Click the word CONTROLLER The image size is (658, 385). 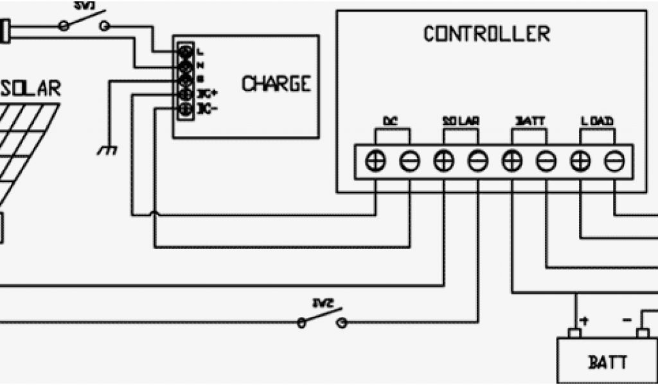point(486,33)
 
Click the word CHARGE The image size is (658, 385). point(276,84)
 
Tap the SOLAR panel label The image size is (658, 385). point(31,89)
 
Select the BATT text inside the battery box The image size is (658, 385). point(608,363)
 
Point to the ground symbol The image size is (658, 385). point(106,150)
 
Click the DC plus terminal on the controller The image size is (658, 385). point(375,162)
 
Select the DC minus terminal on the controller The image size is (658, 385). point(409,162)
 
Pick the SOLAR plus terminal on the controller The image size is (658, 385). point(443,162)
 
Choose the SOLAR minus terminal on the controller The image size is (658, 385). point(477,162)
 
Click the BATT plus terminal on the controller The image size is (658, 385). point(512,162)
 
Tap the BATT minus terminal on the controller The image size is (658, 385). point(546,162)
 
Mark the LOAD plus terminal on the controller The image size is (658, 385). point(580,162)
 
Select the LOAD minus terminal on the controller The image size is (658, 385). point(614,162)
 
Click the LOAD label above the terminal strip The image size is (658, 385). point(597,121)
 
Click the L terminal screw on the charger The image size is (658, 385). point(186,50)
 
